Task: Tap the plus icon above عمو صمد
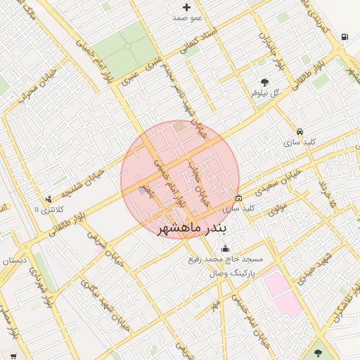pyautogui.click(x=186, y=6)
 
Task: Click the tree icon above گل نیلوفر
pyautogui.click(x=264, y=82)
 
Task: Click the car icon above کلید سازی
pyautogui.click(x=300, y=131)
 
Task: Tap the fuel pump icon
pyautogui.click(x=343, y=37)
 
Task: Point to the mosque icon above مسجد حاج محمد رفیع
pyautogui.click(x=225, y=248)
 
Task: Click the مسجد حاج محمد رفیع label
pyautogui.click(x=224, y=260)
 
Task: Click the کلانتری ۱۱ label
pyautogui.click(x=49, y=210)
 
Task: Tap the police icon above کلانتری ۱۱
pyautogui.click(x=49, y=199)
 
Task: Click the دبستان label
pyautogui.click(x=14, y=261)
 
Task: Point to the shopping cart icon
pyautogui.click(x=13, y=356)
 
